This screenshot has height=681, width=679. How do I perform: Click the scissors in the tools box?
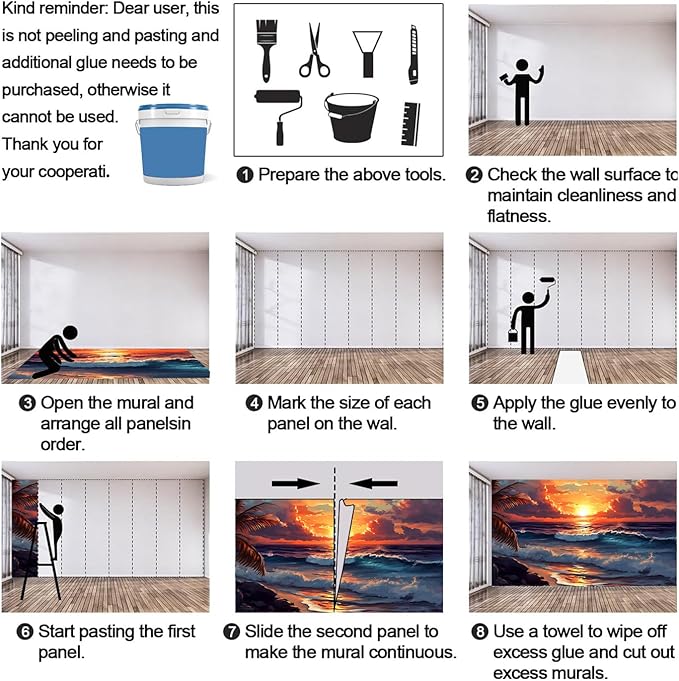tap(314, 51)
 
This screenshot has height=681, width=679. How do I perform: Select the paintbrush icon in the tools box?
tap(266, 50)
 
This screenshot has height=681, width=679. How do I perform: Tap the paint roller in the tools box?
tap(278, 116)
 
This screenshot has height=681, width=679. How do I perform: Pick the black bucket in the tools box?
tap(351, 118)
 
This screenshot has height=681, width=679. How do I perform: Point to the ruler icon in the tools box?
tap(410, 124)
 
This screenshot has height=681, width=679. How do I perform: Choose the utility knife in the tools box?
tap(413, 55)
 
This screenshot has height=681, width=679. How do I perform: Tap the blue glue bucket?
tap(173, 144)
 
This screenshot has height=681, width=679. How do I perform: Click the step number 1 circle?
tap(245, 175)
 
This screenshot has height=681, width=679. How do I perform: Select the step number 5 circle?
tap(480, 403)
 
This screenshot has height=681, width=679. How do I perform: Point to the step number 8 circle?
tap(480, 632)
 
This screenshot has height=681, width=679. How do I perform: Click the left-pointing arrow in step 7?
tap(373, 483)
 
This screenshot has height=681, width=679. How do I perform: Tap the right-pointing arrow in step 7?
tap(296, 483)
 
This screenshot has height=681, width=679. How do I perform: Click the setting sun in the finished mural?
tap(583, 509)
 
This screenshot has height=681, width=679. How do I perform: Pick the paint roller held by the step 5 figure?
tap(548, 284)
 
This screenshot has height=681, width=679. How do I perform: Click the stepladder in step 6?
tap(40, 561)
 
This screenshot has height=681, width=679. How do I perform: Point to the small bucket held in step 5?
tap(513, 335)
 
